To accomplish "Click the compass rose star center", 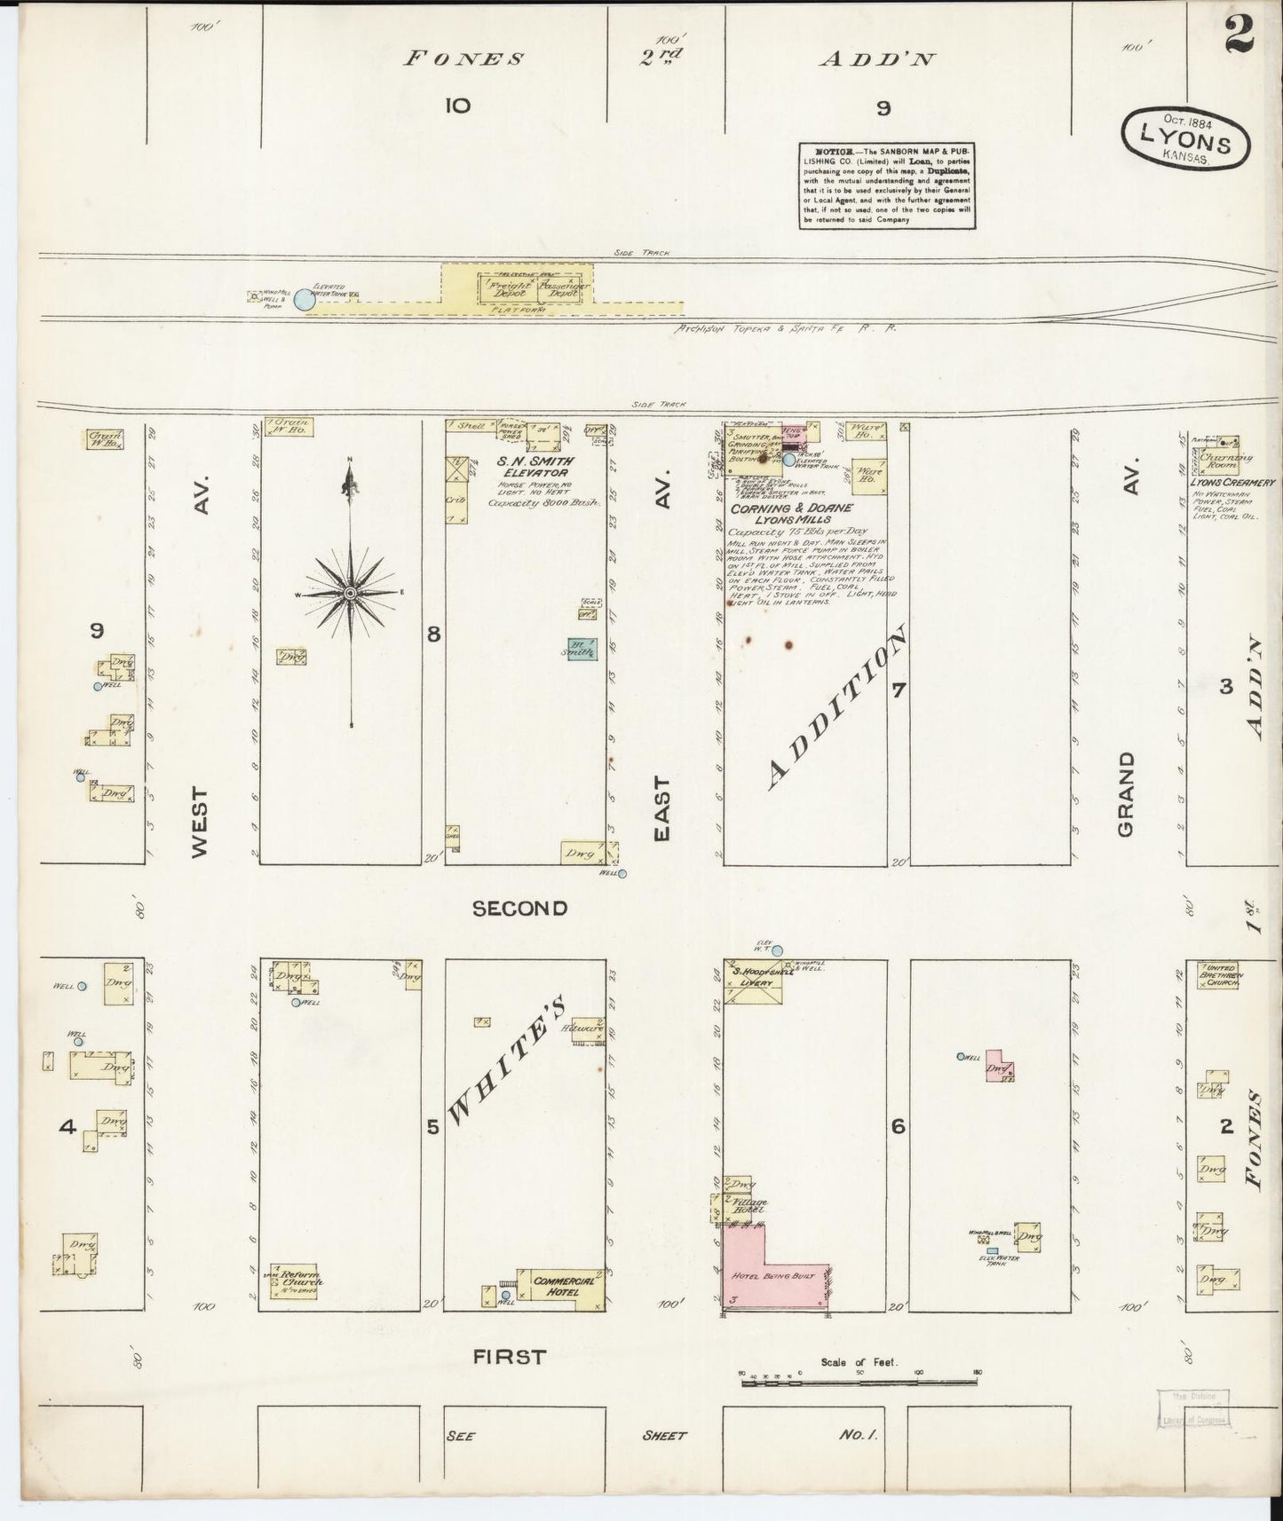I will click(351, 592).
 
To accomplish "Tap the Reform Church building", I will click(297, 1278).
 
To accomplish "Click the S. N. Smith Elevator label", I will click(530, 467).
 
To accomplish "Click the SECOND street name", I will click(519, 908).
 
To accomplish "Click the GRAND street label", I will click(1127, 793).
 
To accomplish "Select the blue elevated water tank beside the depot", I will click(304, 301).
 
